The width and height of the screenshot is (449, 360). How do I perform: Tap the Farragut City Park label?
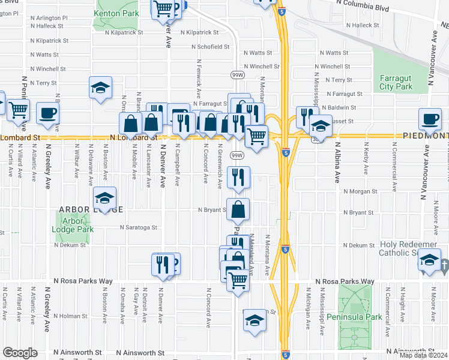point(396,82)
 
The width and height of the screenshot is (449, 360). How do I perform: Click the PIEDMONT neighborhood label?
point(423,137)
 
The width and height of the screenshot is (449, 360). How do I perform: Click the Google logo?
point(20,353)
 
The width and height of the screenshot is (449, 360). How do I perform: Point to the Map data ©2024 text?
point(423,355)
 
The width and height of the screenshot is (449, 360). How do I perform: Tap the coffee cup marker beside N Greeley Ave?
point(47,113)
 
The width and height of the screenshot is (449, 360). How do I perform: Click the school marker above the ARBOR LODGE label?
point(104,198)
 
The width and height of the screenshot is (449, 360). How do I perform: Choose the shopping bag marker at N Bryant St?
point(238,209)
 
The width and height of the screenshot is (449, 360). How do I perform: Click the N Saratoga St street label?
point(138,228)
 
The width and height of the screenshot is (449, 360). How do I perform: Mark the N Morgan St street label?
point(360,191)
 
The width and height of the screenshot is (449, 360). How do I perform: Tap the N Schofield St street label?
point(211,47)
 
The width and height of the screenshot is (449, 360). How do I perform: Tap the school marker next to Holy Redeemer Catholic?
point(429,260)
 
